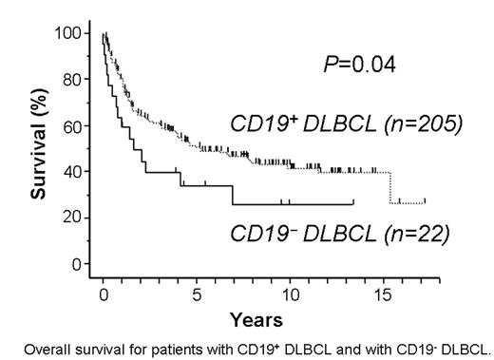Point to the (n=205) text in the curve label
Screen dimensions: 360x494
pyautogui.click(x=413, y=124)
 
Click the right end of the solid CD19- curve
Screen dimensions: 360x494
pyautogui.click(x=353, y=203)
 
